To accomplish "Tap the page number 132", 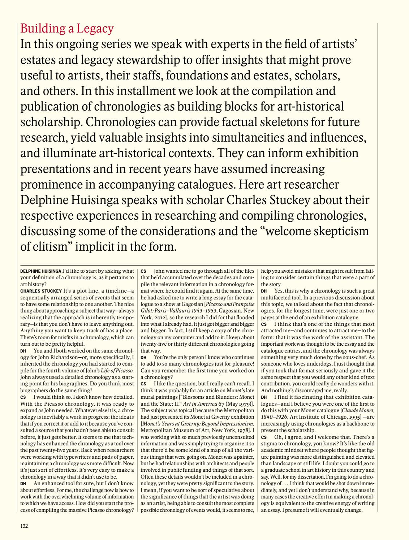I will (x=24, y=526).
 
